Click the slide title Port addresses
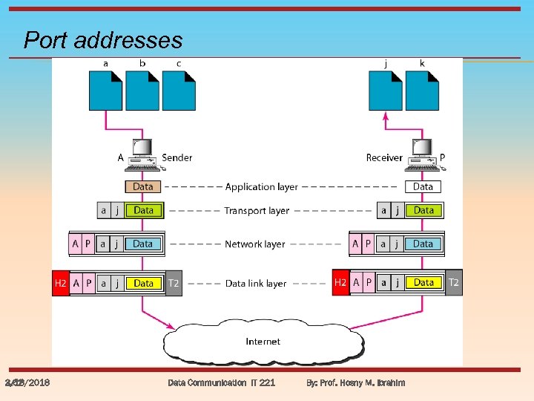click(x=103, y=39)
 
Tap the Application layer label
click(x=261, y=187)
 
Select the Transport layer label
click(x=257, y=211)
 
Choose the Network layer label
click(x=254, y=244)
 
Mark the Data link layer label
click(x=256, y=284)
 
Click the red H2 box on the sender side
click(x=61, y=284)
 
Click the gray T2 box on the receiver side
click(x=454, y=283)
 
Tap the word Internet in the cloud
click(x=263, y=342)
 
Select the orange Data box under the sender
click(x=143, y=187)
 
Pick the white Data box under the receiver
click(x=423, y=187)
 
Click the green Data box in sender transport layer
click(x=144, y=211)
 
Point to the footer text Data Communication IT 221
click(x=221, y=382)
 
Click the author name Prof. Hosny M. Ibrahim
click(x=364, y=382)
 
